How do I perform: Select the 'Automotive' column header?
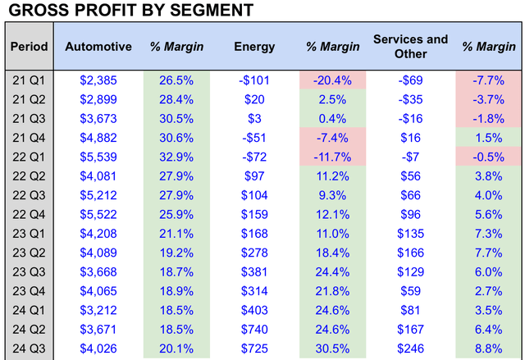tap(98, 46)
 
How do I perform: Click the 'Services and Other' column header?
tap(410, 46)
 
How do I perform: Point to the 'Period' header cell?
tap(29, 46)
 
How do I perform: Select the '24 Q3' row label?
tap(29, 349)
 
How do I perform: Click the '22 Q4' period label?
tap(29, 214)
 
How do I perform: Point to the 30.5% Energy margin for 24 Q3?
tap(332, 349)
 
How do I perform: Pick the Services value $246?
tap(410, 349)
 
